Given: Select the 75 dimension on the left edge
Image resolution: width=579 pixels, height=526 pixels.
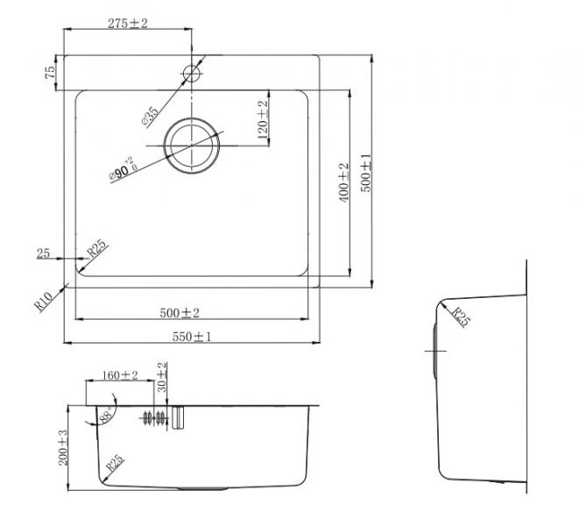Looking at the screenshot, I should pyautogui.click(x=51, y=70).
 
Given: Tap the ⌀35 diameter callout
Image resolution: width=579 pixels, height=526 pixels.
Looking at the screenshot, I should pyautogui.click(x=151, y=114).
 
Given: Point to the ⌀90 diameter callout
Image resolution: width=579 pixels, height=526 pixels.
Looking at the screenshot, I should pyautogui.click(x=122, y=169).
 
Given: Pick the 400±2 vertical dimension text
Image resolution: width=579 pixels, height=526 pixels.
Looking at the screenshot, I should pyautogui.click(x=344, y=182).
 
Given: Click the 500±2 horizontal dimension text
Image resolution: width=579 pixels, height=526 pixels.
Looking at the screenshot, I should pyautogui.click(x=180, y=312).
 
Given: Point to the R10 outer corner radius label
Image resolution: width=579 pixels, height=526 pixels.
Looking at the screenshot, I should pyautogui.click(x=45, y=301).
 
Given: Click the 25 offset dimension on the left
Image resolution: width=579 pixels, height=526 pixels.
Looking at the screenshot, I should pyautogui.click(x=43, y=254).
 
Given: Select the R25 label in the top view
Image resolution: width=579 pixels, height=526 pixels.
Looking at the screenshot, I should pyautogui.click(x=96, y=250).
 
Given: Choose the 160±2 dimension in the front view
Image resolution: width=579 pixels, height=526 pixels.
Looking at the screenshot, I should pyautogui.click(x=120, y=374).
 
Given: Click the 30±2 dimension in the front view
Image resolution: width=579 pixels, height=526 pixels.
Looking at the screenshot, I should pyautogui.click(x=161, y=378).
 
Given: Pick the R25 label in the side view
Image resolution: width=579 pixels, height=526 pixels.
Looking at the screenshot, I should pyautogui.click(x=461, y=316).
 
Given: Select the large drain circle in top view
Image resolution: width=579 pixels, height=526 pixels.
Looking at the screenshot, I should pyautogui.click(x=194, y=143).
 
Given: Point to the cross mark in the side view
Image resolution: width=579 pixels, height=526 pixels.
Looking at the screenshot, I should pyautogui.click(x=434, y=350).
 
